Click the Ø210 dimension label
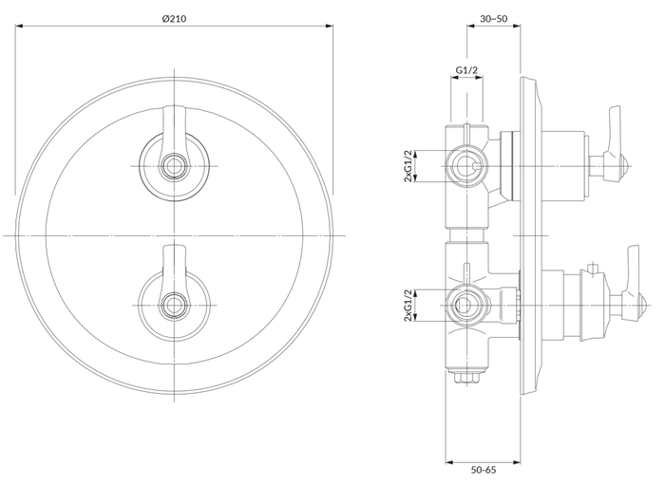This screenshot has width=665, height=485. tap(174, 19)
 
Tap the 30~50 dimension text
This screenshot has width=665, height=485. tap(494, 19)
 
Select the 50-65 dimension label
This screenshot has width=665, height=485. tap(484, 470)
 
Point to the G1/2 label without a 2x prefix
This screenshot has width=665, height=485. tap(466, 70)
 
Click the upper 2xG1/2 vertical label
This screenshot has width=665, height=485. tap(408, 165)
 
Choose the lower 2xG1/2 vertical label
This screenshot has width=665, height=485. tap(408, 306)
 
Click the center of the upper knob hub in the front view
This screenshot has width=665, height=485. tap(174, 165)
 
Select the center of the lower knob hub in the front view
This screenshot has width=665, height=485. tap(174, 305)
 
